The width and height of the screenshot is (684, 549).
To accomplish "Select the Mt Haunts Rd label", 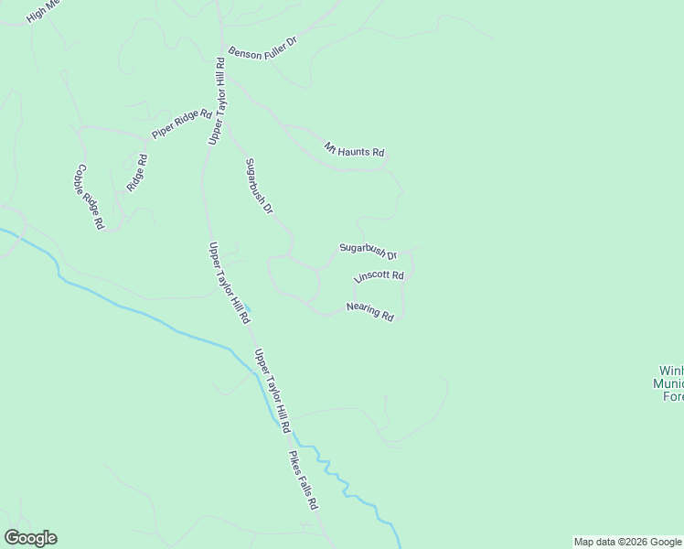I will point(354,149).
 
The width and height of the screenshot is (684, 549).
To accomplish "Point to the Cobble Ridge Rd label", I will point(90,196).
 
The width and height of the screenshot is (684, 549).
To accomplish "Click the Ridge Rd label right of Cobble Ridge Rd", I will point(137,172).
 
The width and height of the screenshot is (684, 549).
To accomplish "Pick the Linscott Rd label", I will point(378,277).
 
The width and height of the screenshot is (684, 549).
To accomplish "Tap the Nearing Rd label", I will point(370,312).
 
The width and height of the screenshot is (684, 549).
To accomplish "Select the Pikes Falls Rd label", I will point(303,479).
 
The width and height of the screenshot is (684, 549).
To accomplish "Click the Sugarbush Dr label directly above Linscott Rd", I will point(368,250).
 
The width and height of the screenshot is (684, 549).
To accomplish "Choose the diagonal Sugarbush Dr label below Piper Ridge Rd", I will point(259,187).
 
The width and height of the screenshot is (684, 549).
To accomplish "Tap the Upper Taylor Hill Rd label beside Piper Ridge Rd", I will point(217,101).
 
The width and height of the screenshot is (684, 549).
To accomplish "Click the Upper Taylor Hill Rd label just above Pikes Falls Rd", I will point(272,391).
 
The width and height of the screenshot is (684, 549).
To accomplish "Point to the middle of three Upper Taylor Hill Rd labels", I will point(229,282).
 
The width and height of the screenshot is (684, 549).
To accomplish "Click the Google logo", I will point(30,538).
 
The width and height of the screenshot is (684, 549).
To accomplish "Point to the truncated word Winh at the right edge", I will point(670,371).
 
